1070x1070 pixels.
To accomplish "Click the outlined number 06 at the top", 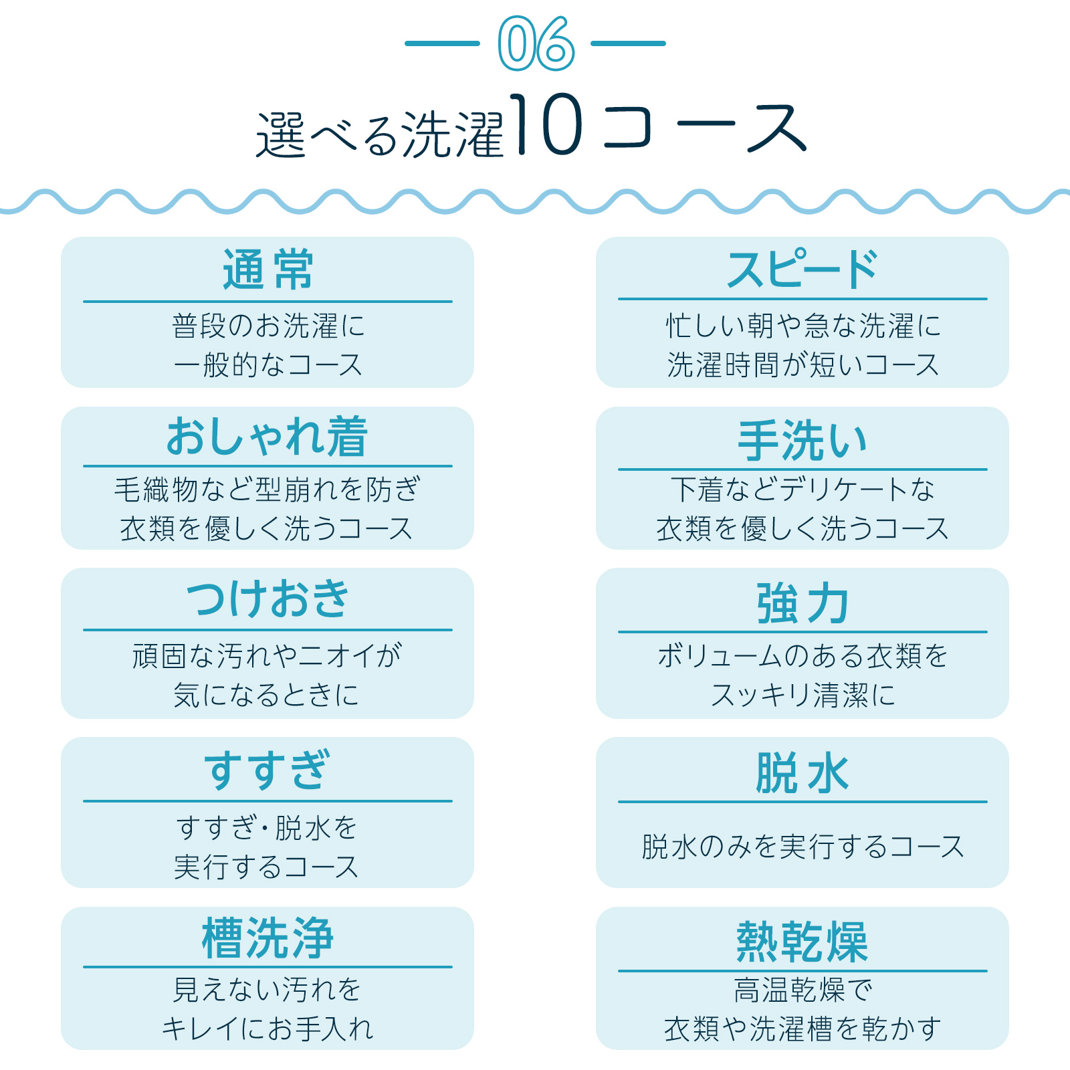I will point(536,44).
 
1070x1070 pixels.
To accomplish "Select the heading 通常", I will point(267,270).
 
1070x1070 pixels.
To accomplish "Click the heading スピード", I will point(802,270).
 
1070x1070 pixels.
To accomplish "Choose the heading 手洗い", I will point(802,440).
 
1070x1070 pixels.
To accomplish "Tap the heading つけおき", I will point(267,599).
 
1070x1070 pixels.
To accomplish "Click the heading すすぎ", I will point(267,769).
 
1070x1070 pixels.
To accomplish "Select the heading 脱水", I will point(802,772).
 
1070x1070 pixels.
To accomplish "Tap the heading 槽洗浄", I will point(267,938).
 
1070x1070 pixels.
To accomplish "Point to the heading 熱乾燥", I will point(802,942).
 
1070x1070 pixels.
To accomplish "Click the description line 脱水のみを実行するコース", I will point(802,847).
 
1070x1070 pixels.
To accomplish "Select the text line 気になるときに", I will point(266,695).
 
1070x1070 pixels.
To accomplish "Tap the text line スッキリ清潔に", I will point(802,695).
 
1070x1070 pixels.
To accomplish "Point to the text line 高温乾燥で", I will point(802,990).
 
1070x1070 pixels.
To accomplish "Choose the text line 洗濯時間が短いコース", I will point(802,365).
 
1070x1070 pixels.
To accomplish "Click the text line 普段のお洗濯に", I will point(267,326).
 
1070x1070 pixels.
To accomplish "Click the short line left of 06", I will point(442,43).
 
